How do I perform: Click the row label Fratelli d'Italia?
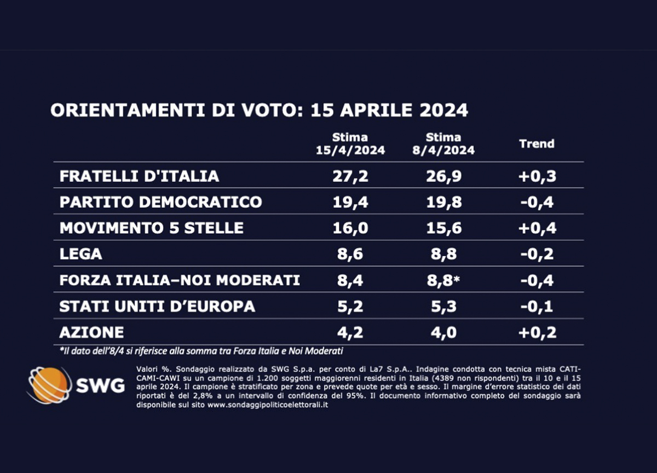(x=139, y=176)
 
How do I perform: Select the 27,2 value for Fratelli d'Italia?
(x=350, y=176)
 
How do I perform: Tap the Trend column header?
(x=537, y=144)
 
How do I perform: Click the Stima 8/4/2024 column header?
(x=443, y=144)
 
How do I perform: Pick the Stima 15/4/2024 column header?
(x=350, y=144)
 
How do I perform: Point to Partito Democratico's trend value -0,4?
(x=537, y=202)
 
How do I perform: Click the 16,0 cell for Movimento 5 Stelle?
(x=350, y=228)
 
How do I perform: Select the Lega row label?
(x=80, y=254)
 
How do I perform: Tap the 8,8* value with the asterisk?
(x=446, y=280)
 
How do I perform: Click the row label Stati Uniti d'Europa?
(x=157, y=306)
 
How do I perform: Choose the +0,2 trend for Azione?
(x=537, y=332)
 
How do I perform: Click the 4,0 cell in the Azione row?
(x=443, y=332)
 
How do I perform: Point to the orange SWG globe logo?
(x=49, y=385)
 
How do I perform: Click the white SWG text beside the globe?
(x=100, y=386)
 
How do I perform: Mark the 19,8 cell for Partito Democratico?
(x=443, y=202)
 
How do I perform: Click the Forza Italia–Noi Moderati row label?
(x=180, y=280)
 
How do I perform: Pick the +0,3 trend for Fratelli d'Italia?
(x=537, y=176)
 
